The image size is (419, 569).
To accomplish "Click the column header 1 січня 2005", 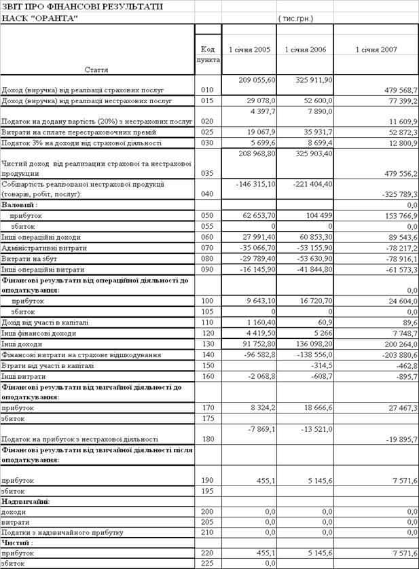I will pos(249,50).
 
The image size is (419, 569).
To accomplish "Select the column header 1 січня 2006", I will pos(305,50).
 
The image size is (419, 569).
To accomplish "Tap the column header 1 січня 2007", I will pos(376,50).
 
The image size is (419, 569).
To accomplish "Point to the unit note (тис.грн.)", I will pos(295,18).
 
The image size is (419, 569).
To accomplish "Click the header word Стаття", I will pos(97,70).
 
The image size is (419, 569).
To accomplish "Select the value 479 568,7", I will pos(397,90).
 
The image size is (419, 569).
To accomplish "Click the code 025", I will pos(208,132).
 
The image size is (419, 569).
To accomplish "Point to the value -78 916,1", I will pos(399,259).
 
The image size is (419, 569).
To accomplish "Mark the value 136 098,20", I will pos(310,344).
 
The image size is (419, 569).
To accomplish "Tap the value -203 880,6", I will pos(397,355).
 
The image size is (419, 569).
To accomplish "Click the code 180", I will pos(208,439).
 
